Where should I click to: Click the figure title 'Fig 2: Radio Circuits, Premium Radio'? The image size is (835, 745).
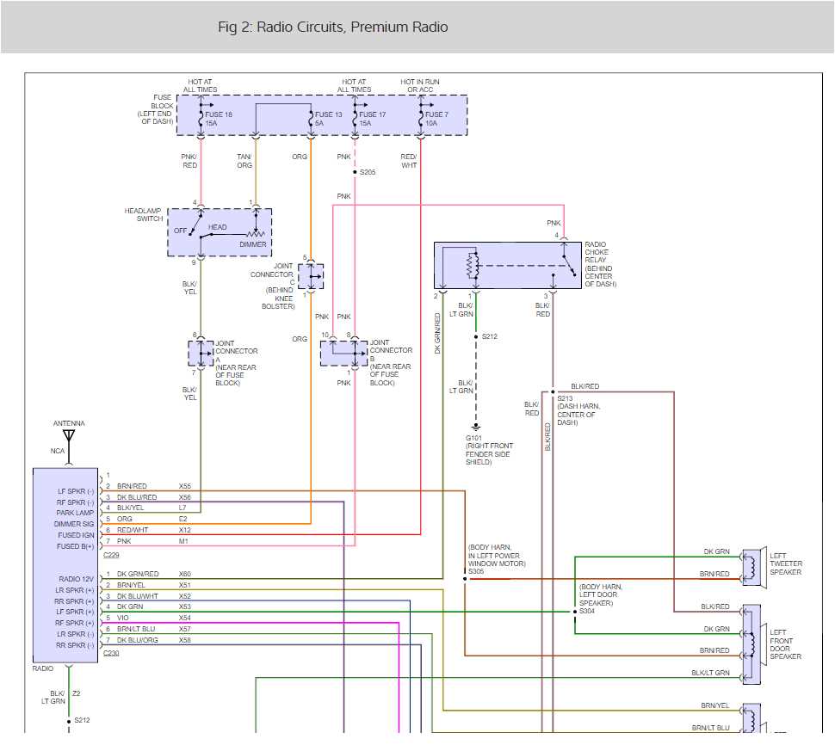(x=332, y=28)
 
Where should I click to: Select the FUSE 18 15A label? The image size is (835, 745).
(x=219, y=119)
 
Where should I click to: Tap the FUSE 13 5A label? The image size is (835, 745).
(x=328, y=119)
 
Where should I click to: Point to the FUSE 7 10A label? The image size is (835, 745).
(x=437, y=119)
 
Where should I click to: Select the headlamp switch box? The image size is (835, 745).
(x=220, y=231)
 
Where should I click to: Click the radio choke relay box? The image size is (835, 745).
(x=508, y=265)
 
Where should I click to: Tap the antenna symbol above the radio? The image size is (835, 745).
(x=69, y=436)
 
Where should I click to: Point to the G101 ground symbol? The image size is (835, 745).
(x=475, y=428)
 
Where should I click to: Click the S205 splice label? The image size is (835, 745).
(x=368, y=172)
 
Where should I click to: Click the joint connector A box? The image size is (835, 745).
(x=201, y=353)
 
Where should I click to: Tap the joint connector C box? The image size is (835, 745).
(x=311, y=276)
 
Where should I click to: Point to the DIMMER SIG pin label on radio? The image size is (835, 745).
(x=76, y=523)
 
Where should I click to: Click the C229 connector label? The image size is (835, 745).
(x=111, y=556)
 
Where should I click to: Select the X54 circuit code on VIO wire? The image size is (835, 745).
(x=184, y=618)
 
